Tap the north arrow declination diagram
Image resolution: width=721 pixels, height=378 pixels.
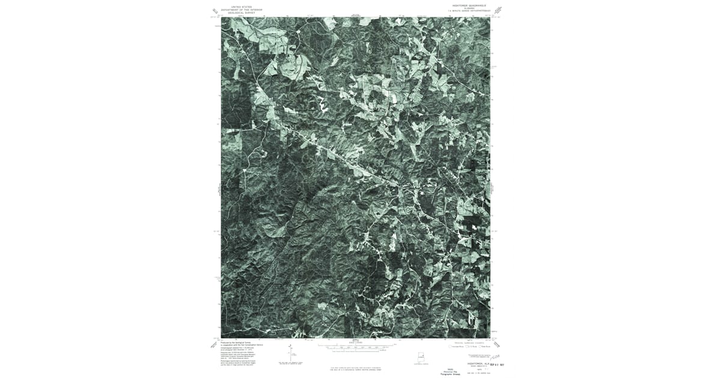tap(290, 354)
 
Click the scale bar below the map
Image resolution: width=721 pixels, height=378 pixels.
tap(354, 347)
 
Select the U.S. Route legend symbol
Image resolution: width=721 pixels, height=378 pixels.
tap(466, 347)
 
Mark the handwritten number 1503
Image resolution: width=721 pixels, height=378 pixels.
tap(496, 358)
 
